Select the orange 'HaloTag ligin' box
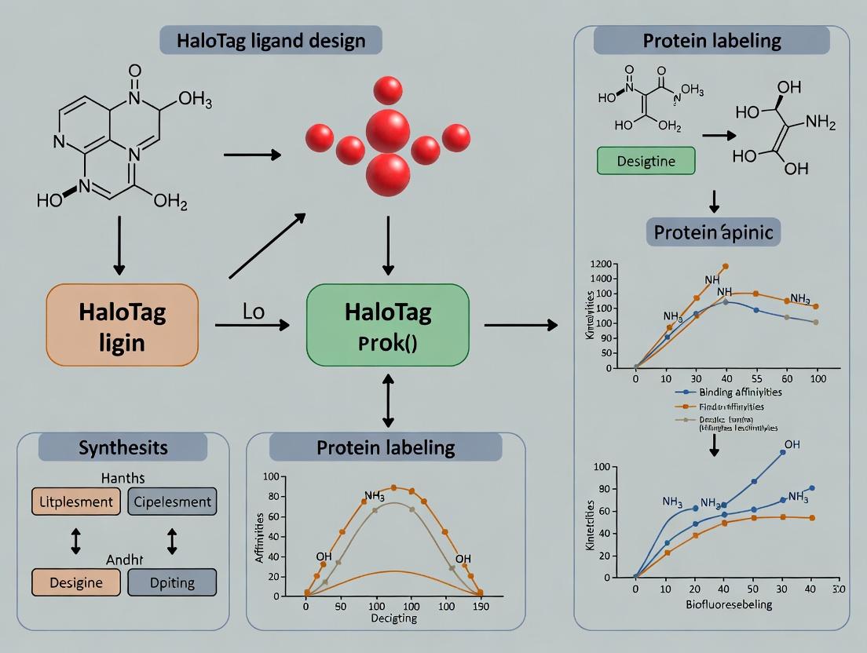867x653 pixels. tap(123, 324)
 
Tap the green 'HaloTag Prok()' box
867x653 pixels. tap(388, 326)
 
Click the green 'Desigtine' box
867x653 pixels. tap(646, 160)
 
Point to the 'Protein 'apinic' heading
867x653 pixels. tap(713, 233)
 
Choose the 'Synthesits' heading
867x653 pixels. tap(123, 447)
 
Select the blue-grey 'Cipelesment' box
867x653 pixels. tap(171, 501)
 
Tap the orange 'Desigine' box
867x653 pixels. tap(75, 582)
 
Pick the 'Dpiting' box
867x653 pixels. tap(171, 582)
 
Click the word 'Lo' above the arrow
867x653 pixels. tap(253, 310)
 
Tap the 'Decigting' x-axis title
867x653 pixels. tap(393, 618)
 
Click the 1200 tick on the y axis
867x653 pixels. tap(601, 264)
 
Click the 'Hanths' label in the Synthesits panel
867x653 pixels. tap(123, 477)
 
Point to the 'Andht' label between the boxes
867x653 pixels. tap(123, 560)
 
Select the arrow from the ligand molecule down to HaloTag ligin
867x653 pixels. tap(119, 244)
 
